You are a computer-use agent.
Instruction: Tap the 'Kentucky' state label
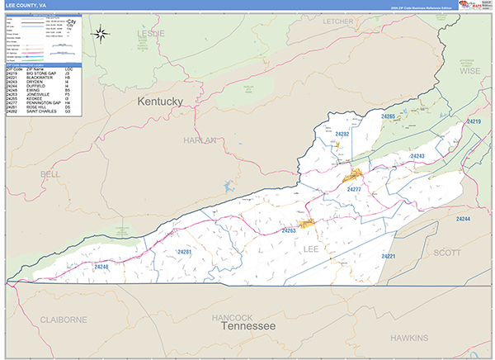pos(159,101)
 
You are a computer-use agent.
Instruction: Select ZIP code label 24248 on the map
pos(101,267)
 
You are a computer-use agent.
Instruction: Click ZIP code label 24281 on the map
pos(184,251)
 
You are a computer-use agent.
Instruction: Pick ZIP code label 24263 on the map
pos(289,230)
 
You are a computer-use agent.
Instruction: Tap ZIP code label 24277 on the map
pos(354,189)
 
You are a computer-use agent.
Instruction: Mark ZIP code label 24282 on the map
pos(342,134)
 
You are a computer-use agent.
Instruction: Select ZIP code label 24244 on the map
pos(462,219)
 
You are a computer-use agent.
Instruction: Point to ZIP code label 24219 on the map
pos(473,121)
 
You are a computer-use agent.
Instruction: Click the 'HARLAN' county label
pos(199,140)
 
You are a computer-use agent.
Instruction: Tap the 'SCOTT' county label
pos(447,253)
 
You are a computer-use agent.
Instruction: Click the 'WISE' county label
pos(469,72)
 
